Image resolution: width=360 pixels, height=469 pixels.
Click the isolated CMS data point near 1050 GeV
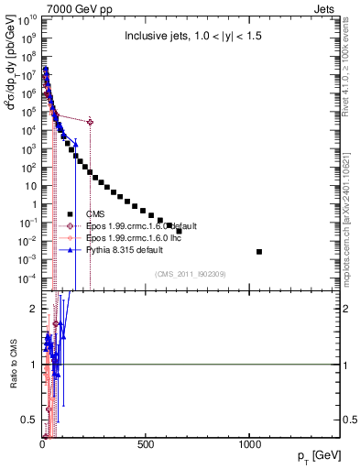259,251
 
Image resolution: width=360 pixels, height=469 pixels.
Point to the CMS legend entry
95,213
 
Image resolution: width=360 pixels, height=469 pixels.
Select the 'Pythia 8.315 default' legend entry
125,249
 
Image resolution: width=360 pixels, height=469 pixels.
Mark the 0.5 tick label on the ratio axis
27,420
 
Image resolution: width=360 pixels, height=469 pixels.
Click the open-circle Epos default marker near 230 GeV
90,121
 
